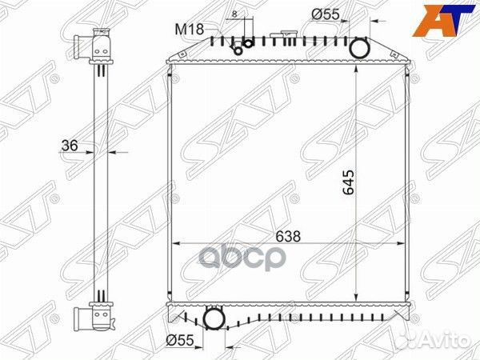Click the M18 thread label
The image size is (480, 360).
(189, 30)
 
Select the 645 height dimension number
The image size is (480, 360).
(348, 182)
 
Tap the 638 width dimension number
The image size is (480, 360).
(288, 236)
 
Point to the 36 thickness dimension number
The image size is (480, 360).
(70, 146)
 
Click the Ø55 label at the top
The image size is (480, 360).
(326, 14)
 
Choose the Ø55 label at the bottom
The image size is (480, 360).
(180, 340)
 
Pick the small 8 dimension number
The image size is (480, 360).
(234, 14)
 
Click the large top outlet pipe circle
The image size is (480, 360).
(360, 48)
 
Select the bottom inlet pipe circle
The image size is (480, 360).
(214, 319)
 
